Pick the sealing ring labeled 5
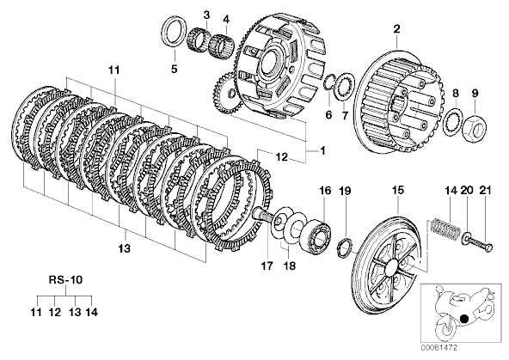(x=175, y=32)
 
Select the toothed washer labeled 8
(x=452, y=123)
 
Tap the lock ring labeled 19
(x=345, y=248)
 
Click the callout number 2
(x=396, y=29)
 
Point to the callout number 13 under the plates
(x=125, y=248)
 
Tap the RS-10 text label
(x=65, y=279)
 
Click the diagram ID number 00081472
(x=439, y=348)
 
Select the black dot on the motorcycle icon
(x=464, y=319)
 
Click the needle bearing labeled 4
(x=222, y=45)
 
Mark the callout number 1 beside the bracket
(x=322, y=151)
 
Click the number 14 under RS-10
(x=91, y=312)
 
